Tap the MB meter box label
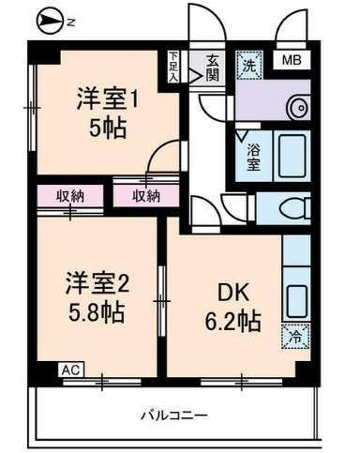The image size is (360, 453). pyautogui.click(x=292, y=63)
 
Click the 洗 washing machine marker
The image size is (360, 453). pyautogui.click(x=247, y=66)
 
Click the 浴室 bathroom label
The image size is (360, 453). pyautogui.click(x=253, y=156)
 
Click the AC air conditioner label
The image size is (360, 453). pyautogui.click(x=69, y=370)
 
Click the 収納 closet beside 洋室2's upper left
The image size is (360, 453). pyautogui.click(x=70, y=196)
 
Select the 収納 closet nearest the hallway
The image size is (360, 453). pyautogui.click(x=145, y=196)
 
